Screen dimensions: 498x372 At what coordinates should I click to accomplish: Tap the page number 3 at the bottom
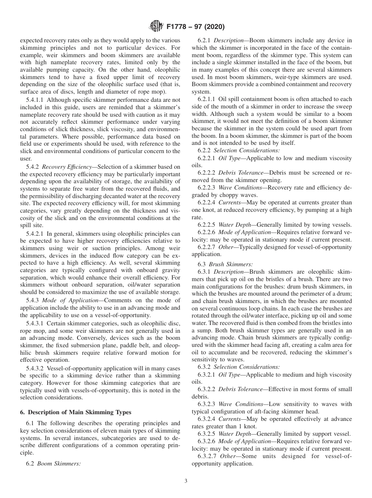point(186,481)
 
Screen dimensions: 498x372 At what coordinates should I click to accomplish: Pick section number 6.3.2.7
point(206,456)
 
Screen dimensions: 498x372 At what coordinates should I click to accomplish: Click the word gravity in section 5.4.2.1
point(170,270)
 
